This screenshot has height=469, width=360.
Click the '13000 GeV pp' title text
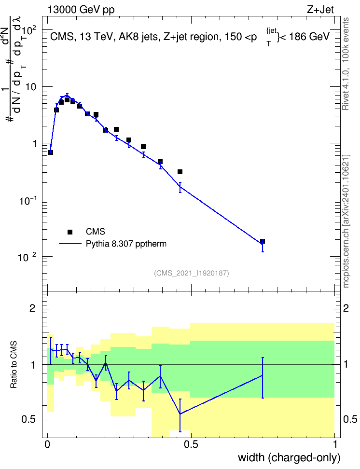coord(81,10)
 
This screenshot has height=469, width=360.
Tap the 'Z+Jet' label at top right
coord(320,10)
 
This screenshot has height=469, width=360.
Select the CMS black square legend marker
coord(70,232)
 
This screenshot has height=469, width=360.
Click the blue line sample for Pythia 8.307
coord(70,244)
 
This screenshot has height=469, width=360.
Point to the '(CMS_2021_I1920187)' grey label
coord(192,273)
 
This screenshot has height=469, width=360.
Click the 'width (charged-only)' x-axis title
coord(289,457)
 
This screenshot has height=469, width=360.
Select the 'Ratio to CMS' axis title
coord(14,364)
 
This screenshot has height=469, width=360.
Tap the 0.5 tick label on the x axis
coord(191,444)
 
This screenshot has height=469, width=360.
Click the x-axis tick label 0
coord(47,444)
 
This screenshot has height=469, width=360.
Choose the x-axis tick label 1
coord(335,444)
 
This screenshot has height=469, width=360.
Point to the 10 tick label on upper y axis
coord(30,87)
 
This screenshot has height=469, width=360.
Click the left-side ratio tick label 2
coord(32,308)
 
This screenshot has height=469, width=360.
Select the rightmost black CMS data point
coord(263,241)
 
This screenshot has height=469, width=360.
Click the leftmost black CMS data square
coord(51,152)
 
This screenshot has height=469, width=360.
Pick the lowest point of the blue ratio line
coord(180,414)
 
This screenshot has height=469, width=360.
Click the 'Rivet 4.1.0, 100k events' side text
coord(346,64)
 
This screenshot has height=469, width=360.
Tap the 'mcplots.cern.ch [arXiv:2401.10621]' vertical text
coord(346,221)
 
